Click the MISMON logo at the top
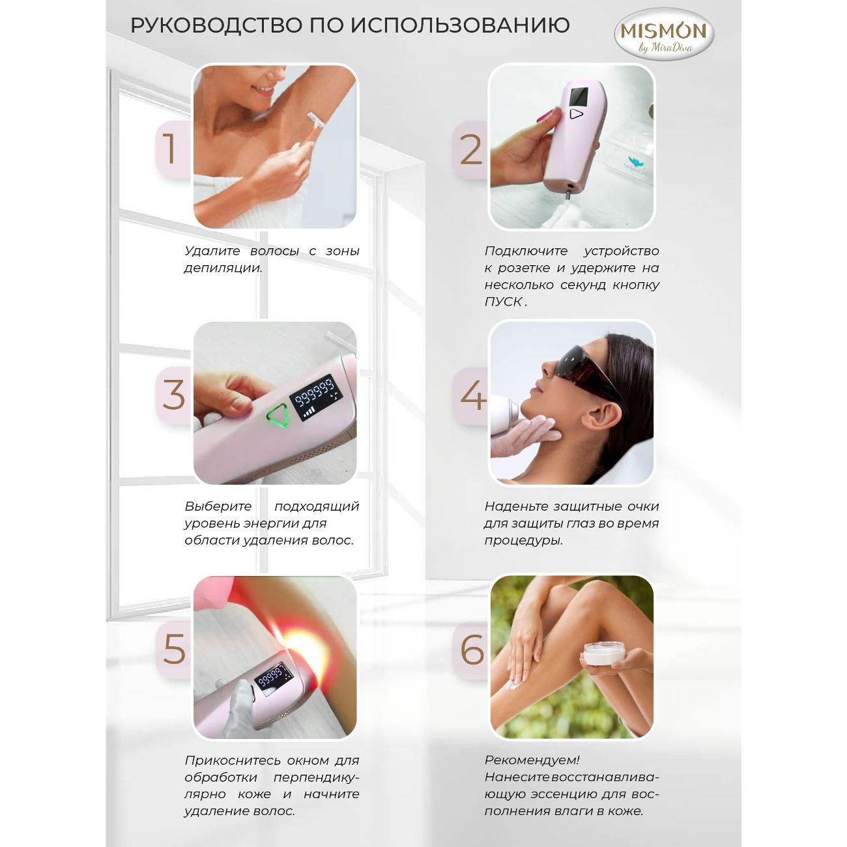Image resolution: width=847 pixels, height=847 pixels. (x=663, y=35)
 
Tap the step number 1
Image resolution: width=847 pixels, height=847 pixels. (x=169, y=149)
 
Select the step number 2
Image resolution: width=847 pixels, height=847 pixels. (x=471, y=149)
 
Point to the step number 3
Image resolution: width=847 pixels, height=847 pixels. (x=174, y=395)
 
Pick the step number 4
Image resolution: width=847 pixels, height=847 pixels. (x=474, y=395)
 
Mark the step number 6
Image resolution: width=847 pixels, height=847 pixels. (x=472, y=650)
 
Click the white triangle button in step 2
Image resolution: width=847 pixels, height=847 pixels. (x=576, y=114)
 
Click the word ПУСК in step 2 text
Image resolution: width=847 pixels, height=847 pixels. (x=503, y=302)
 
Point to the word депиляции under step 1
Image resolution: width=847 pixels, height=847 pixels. (x=223, y=268)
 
